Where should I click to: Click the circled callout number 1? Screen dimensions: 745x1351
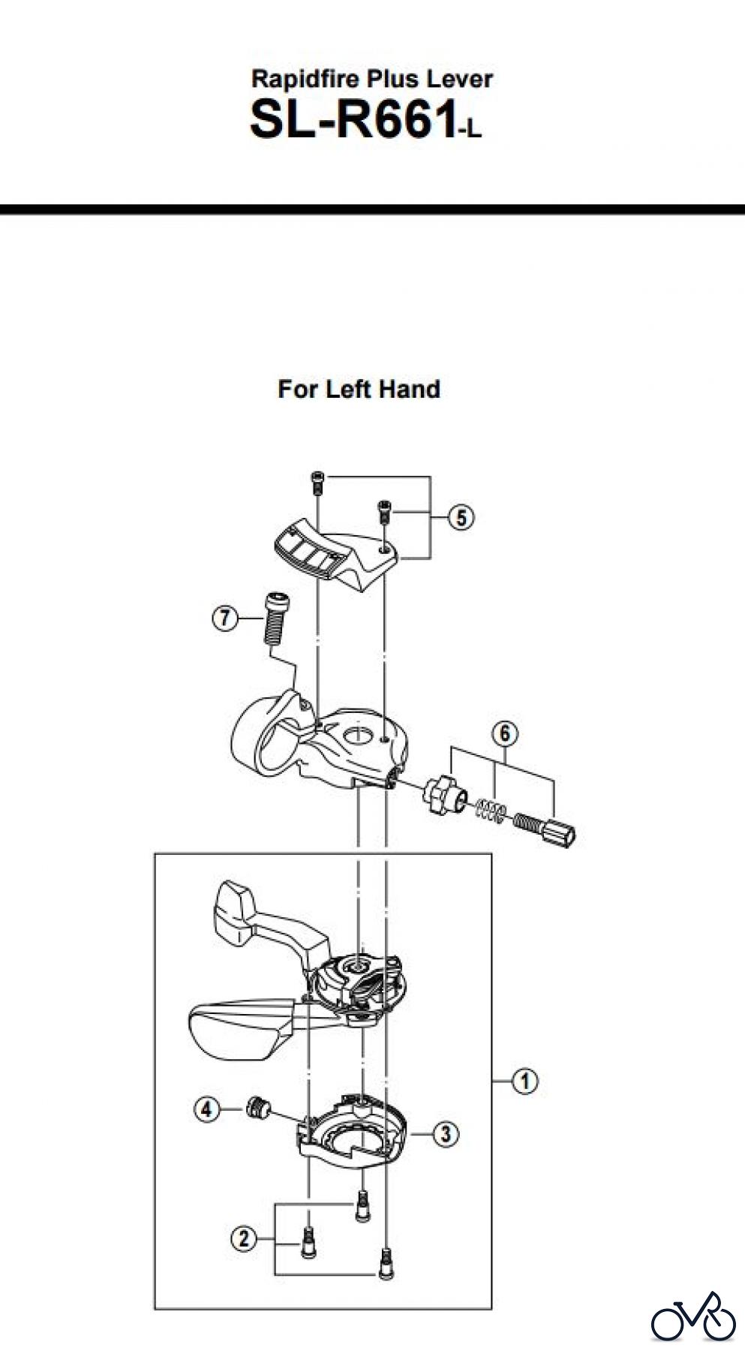pos(524,1082)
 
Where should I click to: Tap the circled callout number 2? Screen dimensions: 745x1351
pos(243,1238)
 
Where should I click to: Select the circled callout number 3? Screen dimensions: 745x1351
pos(446,1133)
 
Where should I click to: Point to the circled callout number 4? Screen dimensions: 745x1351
pos(207,1109)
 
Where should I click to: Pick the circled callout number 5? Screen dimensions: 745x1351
pos(461,517)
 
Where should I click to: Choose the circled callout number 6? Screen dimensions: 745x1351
pos(505,733)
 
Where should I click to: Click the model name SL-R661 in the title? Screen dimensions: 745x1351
pos(353,120)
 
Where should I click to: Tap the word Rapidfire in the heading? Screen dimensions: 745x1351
pos(308,79)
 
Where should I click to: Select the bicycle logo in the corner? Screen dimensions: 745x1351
pos(692,1316)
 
